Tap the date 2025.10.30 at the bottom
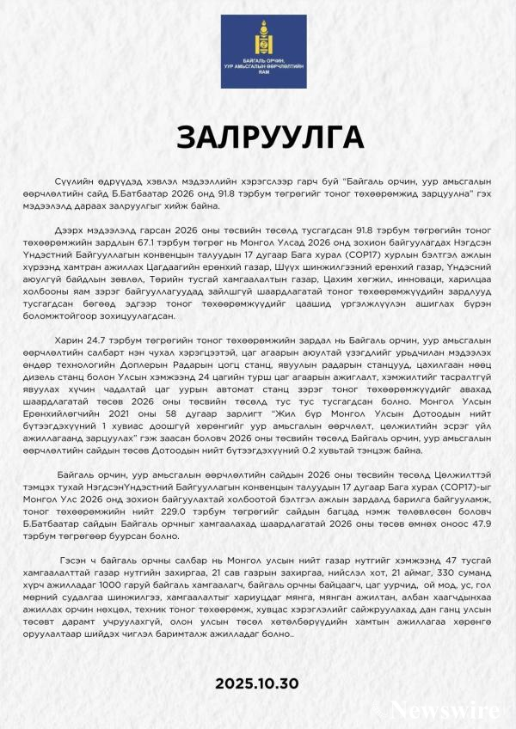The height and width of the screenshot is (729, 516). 257,683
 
